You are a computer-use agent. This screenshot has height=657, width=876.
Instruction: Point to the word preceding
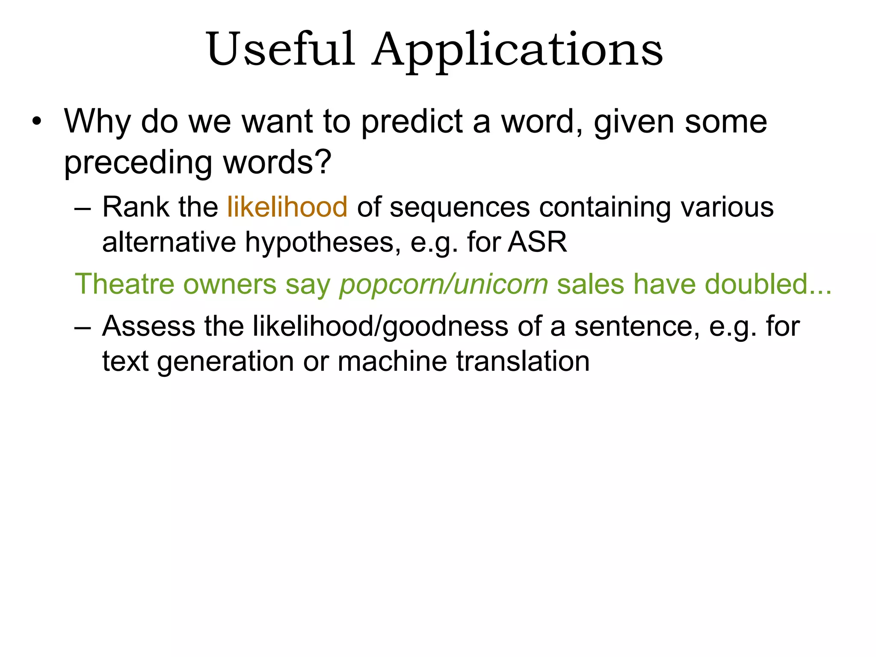pos(138,163)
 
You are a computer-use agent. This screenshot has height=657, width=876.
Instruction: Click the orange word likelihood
pos(287,207)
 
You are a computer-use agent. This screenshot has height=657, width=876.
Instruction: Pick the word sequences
pos(459,208)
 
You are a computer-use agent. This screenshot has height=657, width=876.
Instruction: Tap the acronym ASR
pos(537,242)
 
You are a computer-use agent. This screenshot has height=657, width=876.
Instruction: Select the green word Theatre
pos(124,284)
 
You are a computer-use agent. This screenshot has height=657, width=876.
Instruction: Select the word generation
pos(225,362)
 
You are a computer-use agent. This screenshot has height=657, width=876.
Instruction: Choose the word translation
pos(523,361)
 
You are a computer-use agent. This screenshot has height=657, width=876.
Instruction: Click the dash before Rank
pos(83,208)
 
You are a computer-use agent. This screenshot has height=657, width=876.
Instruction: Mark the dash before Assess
pos(83,327)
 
